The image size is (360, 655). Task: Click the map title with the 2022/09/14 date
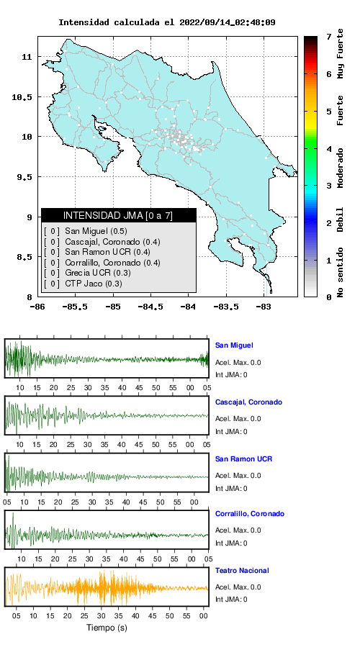click(166, 22)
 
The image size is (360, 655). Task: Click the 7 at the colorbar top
click(329, 37)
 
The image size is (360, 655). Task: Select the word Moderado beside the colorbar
click(341, 168)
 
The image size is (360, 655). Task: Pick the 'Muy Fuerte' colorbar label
click(341, 53)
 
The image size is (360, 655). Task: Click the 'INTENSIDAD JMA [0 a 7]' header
click(118, 215)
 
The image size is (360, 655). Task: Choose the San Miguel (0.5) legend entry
click(96, 231)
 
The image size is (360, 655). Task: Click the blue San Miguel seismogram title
click(234, 345)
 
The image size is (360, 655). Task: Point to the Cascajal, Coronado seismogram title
click(249, 402)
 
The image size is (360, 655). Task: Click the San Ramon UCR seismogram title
click(243, 458)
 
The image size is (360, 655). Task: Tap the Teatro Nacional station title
click(242, 570)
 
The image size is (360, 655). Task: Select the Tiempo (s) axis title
click(107, 628)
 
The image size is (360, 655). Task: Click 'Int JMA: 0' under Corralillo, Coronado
click(231, 543)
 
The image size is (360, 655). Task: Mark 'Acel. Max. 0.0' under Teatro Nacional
click(238, 587)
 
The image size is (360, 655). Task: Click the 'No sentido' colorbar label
click(341, 272)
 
